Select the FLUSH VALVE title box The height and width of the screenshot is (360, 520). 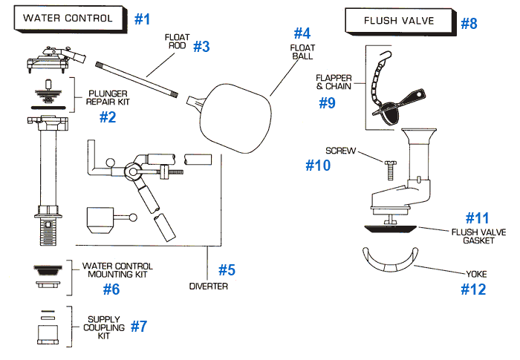click(x=400, y=20)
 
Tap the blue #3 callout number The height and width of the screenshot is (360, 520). click(x=202, y=46)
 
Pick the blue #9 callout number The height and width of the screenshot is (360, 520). click(x=327, y=102)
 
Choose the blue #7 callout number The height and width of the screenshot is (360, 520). click(x=140, y=325)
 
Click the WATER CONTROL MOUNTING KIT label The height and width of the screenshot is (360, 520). click(x=117, y=270)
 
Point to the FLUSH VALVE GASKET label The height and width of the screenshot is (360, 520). click(x=478, y=236)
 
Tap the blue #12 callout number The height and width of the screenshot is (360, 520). click(x=472, y=289)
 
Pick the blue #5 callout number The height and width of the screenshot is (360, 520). click(x=227, y=269)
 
